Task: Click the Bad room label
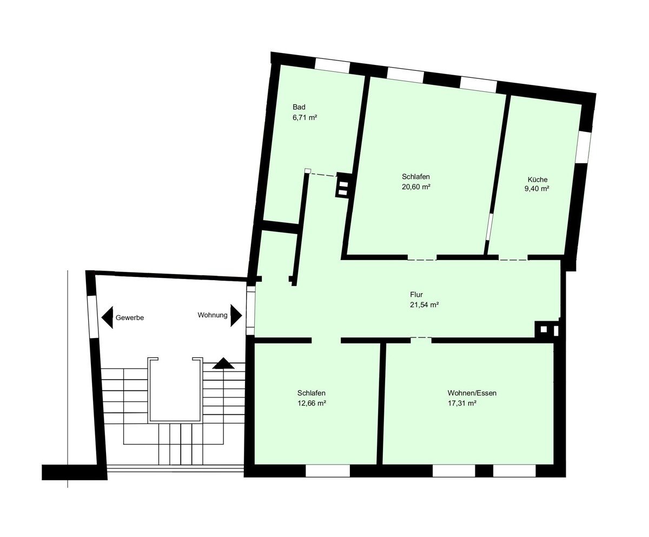(299, 107)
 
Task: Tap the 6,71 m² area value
(304, 117)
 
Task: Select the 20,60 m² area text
(416, 187)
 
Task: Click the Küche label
(538, 180)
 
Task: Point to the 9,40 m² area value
(537, 189)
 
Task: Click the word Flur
(416, 294)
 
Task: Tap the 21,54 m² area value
(424, 305)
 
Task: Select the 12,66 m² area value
(312, 403)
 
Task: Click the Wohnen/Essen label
(472, 393)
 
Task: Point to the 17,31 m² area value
(462, 403)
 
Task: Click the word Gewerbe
(130, 318)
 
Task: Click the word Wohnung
(213, 315)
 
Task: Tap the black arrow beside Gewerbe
(107, 317)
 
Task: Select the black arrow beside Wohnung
(236, 315)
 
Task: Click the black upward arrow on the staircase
(223, 363)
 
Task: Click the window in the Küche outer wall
(584, 148)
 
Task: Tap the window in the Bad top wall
(333, 66)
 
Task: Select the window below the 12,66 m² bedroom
(328, 471)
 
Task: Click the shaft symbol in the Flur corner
(547, 329)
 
